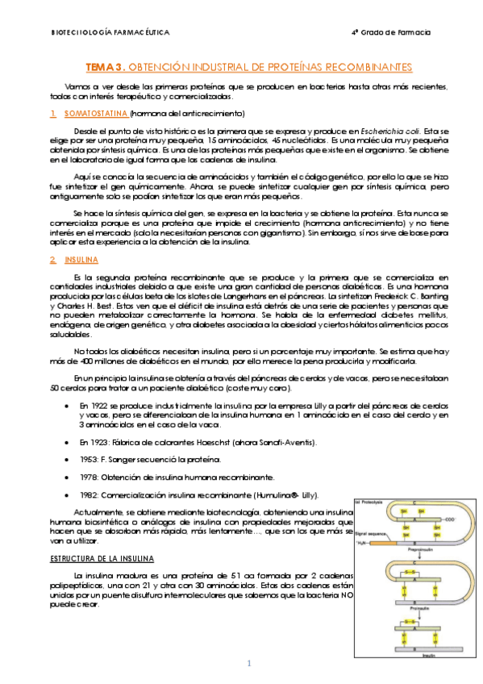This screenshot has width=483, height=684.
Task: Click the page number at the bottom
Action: tap(249, 663)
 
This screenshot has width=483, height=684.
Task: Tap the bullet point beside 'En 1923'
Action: tap(64, 442)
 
